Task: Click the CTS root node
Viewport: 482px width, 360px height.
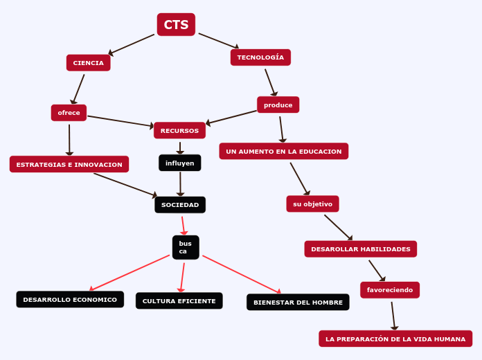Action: point(176,25)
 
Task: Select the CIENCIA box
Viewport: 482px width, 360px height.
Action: point(88,63)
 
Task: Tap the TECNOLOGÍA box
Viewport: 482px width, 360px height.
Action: point(260,57)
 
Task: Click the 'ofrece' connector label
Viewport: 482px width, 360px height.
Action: point(69,113)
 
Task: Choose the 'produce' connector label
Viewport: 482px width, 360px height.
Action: point(278,105)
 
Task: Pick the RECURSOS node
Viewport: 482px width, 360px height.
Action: point(179,130)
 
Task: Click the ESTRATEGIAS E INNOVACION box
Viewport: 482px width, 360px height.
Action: point(69,164)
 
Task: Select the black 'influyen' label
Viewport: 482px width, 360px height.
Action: point(179,163)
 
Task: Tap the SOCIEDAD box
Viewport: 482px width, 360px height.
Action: point(179,205)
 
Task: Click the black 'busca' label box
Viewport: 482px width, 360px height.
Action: point(185,247)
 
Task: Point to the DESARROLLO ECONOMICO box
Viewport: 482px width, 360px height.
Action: point(70,299)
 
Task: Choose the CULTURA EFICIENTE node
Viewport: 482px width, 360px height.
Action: point(179,300)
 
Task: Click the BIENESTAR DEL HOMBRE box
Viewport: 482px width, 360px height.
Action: point(298,302)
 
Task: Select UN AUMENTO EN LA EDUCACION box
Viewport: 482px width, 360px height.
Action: point(283,151)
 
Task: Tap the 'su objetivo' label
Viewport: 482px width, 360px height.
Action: point(312,204)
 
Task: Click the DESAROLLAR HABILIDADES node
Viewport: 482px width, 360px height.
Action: point(360,249)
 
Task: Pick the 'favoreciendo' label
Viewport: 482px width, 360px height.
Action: point(389,289)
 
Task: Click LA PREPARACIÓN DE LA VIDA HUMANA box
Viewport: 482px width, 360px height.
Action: point(395,339)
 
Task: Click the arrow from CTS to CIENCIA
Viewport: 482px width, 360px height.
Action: point(132,44)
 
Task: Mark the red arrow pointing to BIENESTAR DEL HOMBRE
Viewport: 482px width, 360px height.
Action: point(242,275)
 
